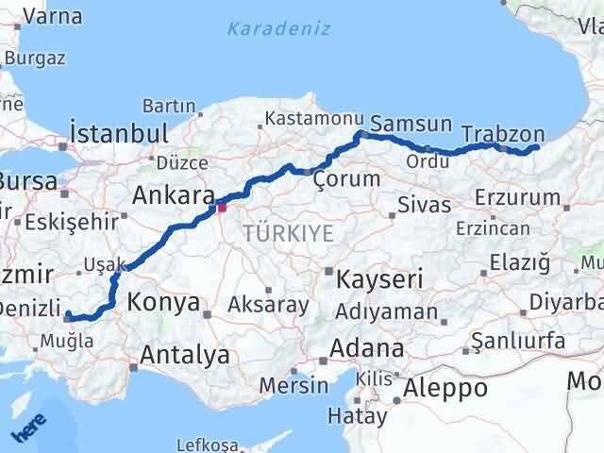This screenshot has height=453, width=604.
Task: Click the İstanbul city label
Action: coord(119,132)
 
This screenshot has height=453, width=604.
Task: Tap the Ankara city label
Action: coord(172,196)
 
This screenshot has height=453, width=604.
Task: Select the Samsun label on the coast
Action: coord(411,124)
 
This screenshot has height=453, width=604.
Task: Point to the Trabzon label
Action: coord(505,133)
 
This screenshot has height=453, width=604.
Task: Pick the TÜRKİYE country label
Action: coord(288,233)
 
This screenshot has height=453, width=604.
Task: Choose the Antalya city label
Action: coord(185,355)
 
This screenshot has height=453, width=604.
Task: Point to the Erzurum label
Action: coord(518,196)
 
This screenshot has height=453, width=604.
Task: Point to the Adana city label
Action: coord(368,348)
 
